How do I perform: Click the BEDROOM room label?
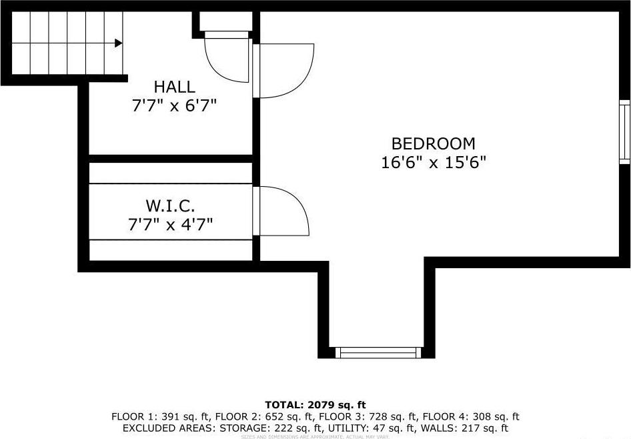(433, 143)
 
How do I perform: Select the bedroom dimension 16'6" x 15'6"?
(433, 163)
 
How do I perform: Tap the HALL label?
(174, 87)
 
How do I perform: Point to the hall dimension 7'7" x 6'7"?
(174, 105)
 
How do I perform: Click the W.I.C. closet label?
(170, 205)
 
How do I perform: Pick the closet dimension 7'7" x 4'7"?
(170, 224)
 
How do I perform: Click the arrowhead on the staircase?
(118, 43)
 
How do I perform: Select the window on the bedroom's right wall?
(624, 132)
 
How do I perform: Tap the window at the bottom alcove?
(378, 352)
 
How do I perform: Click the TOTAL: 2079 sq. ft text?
(315, 404)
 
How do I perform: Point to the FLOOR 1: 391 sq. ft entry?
(153, 416)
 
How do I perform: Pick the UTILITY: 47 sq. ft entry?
(378, 428)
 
